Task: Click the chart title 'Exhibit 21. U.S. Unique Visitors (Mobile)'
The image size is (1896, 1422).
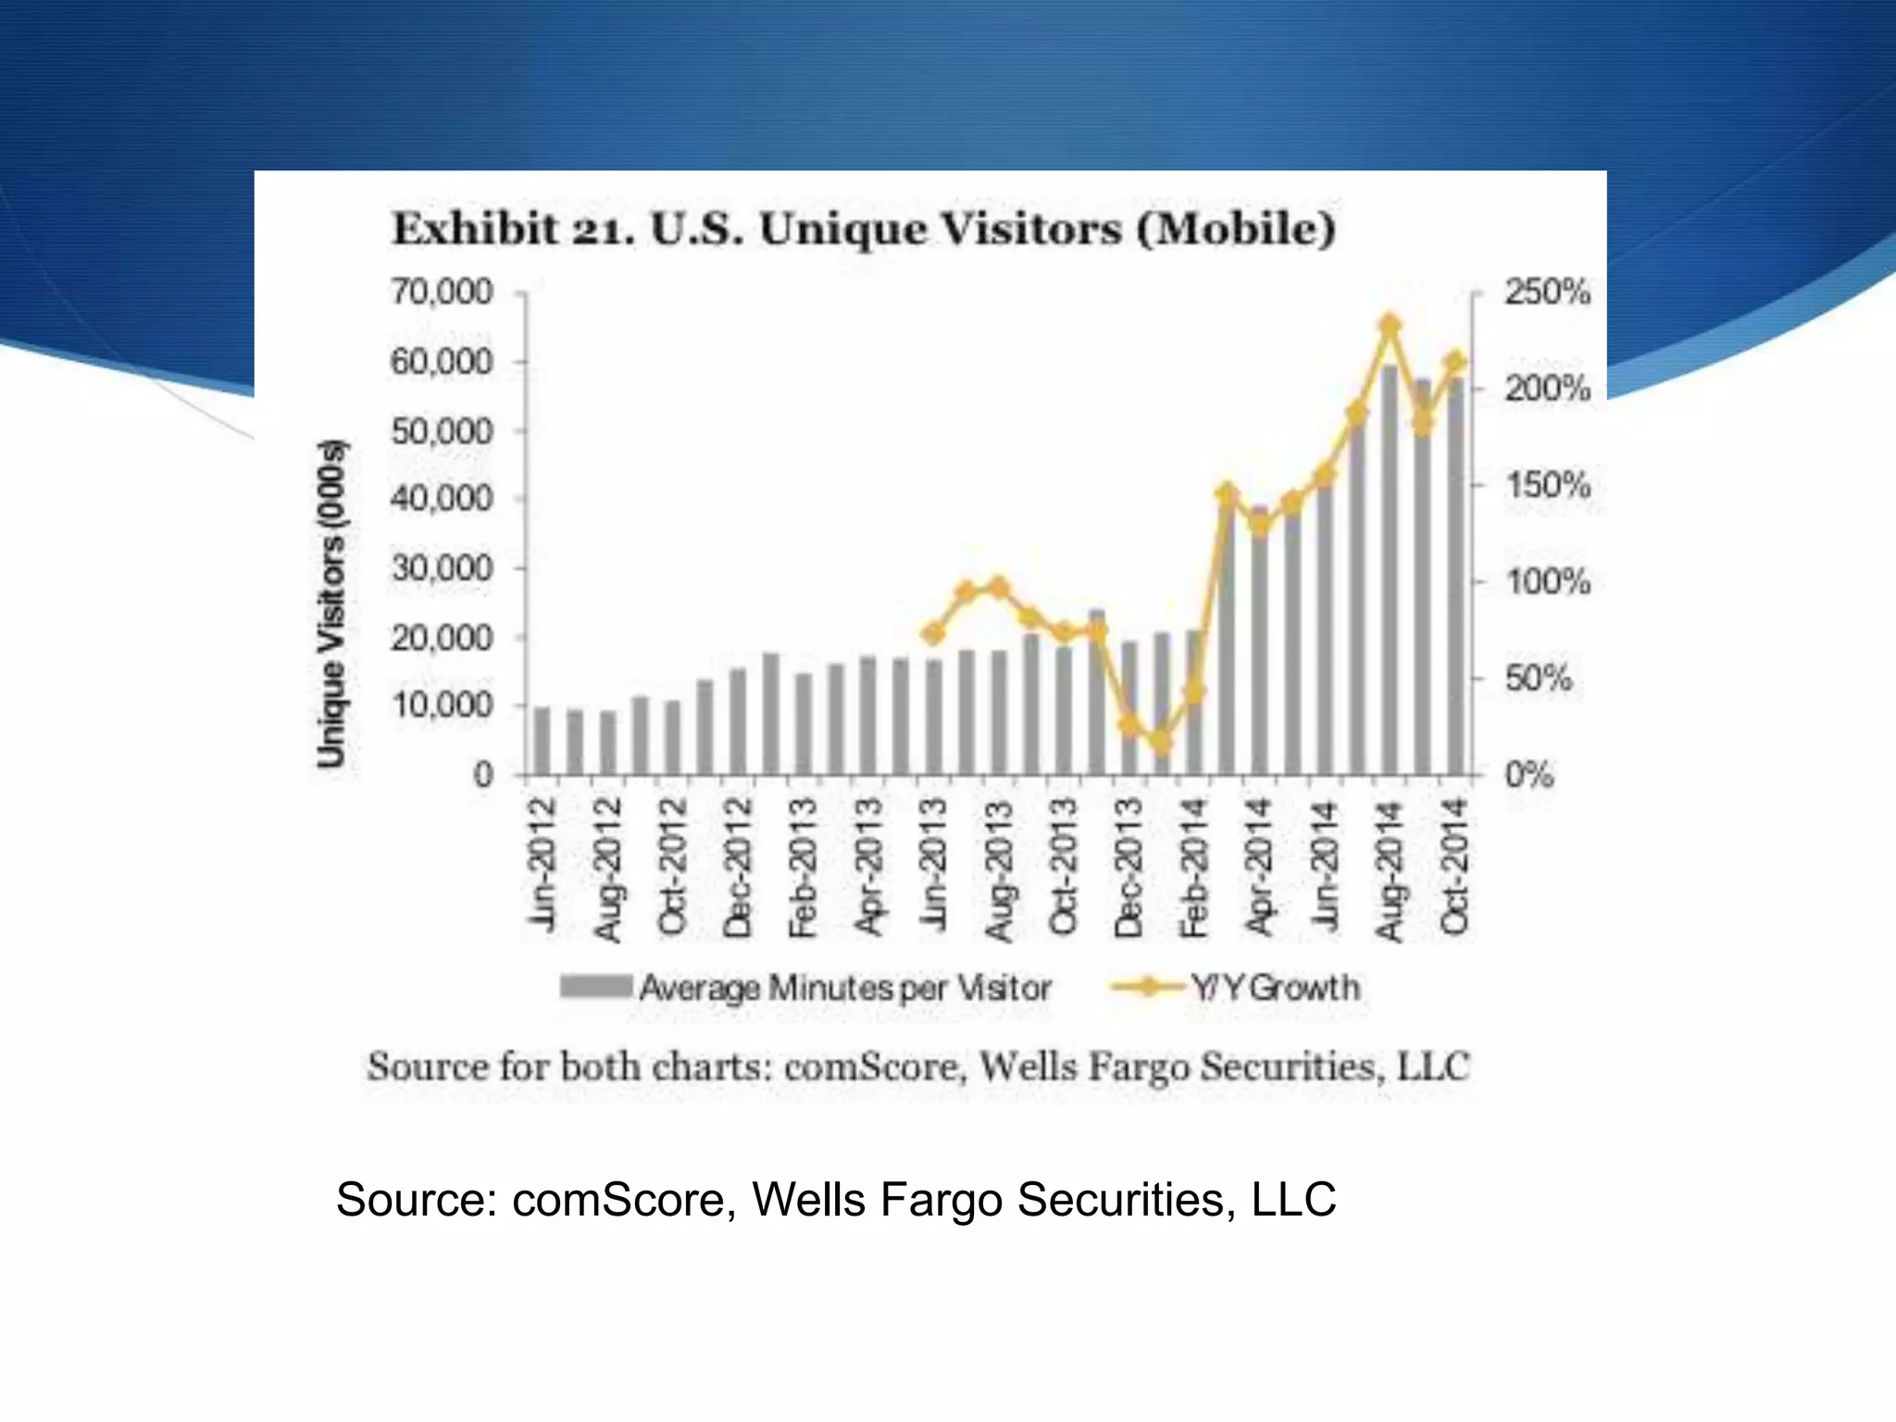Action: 863,229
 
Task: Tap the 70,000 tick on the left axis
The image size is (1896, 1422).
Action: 442,293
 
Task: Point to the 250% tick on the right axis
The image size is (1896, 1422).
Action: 1546,293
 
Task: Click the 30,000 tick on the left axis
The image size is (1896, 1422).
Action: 442,568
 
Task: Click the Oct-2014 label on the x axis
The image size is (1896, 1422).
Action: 1454,867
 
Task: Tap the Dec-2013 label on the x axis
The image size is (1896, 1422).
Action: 1129,867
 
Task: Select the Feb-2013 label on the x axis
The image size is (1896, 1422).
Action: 803,867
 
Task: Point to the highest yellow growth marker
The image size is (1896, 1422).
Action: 1390,325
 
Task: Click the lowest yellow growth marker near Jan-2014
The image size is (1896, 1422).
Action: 1162,742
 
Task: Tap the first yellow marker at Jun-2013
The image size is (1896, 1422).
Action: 934,634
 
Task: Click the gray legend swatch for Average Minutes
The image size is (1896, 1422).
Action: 595,987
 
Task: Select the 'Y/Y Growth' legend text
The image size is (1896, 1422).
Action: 1276,988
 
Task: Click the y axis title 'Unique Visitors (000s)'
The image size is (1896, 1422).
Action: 331,604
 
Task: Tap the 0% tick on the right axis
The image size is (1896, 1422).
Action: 1528,774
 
